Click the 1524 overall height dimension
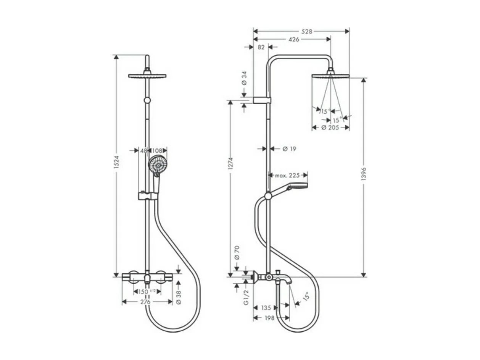[117, 163]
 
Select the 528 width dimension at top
[306, 32]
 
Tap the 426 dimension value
[293, 39]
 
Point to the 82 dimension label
[261, 47]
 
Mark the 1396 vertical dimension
[364, 174]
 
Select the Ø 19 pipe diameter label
[289, 149]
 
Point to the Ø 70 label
[237, 252]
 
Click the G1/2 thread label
[246, 297]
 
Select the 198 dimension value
[269, 318]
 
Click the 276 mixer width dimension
[145, 302]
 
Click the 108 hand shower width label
[157, 150]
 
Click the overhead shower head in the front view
[147, 76]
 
